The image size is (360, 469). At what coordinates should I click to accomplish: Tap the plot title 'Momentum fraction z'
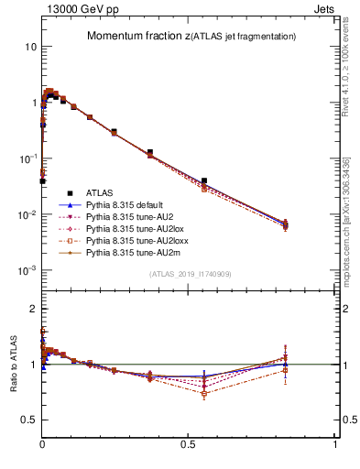(137, 37)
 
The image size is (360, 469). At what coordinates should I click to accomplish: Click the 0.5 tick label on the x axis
(188, 442)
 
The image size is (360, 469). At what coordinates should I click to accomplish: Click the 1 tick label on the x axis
(335, 442)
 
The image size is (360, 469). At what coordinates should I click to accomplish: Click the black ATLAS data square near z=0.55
(204, 181)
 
